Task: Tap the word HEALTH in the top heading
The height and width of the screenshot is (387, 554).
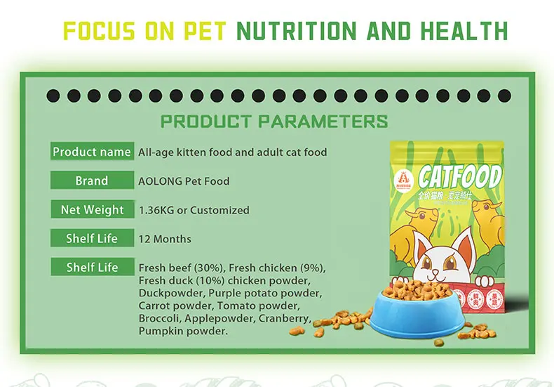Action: point(465,31)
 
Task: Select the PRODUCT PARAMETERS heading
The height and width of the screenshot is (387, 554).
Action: point(274,121)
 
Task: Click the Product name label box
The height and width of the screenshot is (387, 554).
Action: point(92,152)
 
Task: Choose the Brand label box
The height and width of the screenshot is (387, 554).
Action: point(92,181)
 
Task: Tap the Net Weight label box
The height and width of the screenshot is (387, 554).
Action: point(92,210)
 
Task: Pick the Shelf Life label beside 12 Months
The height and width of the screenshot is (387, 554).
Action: point(92,239)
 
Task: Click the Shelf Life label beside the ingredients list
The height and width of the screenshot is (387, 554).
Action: point(92,268)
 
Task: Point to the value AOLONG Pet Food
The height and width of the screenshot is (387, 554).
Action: point(184,181)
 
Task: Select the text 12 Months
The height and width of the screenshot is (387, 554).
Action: point(165,239)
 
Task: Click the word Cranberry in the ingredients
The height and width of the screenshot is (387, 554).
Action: point(285,318)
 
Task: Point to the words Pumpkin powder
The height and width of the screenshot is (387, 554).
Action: point(184,331)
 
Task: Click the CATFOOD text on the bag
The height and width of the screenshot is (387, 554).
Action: point(459,176)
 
